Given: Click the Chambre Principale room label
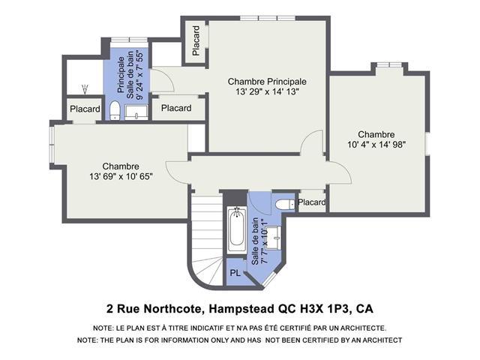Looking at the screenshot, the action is tap(267, 82).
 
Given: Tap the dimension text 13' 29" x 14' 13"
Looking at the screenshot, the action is tap(267, 91).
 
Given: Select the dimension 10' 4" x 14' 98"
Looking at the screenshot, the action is tap(376, 145).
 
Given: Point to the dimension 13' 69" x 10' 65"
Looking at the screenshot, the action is tap(121, 177).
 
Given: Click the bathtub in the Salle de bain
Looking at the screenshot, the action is tap(237, 229).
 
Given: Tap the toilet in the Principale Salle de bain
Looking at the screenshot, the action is tap(115, 110).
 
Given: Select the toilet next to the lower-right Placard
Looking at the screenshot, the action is tap(285, 205).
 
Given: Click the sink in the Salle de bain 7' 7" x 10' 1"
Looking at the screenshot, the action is tap(274, 238).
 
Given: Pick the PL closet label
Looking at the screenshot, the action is tap(235, 273).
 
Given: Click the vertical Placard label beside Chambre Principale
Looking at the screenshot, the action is tap(196, 40).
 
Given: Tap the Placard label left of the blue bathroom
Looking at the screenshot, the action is tap(85, 109).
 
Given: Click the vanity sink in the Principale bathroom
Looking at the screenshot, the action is tap(136, 112).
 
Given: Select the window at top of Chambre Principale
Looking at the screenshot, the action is tap(268, 18).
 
